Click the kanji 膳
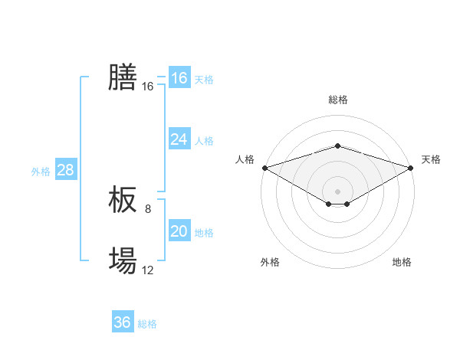coord(123,77)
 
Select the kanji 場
coord(123,261)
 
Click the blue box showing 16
coord(179,78)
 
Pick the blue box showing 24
coord(179,139)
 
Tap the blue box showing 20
coord(179,231)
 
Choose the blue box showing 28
coord(65,170)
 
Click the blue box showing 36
coord(123,322)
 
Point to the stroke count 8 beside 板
coord(148,208)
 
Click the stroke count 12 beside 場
coord(148,270)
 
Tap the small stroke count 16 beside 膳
coord(148,87)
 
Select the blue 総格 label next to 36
coord(147,324)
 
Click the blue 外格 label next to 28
coord(41,172)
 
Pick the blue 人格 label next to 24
coord(204,141)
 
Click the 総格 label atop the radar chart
coord(337,100)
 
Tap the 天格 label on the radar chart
coord(432,159)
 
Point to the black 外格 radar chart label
coord(270,262)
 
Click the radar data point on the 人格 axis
coord(264,167)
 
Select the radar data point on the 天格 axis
coord(411,167)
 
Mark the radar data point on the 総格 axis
coord(337,146)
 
